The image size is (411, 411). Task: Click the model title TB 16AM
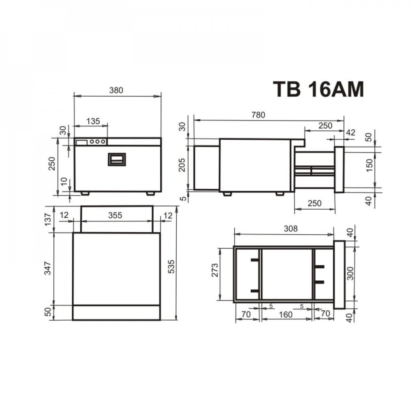(319, 89)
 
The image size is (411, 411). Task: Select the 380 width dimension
(116, 90)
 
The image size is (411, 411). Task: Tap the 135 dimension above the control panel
(93, 121)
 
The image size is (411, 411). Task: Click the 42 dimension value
(351, 132)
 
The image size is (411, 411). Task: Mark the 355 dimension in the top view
(115, 215)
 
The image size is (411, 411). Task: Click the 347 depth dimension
(48, 268)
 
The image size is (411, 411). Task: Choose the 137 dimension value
(48, 219)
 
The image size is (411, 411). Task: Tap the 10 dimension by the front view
(63, 181)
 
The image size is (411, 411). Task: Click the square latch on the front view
(117, 159)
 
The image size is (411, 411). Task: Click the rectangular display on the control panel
(81, 142)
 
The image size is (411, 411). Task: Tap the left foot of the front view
(85, 193)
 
